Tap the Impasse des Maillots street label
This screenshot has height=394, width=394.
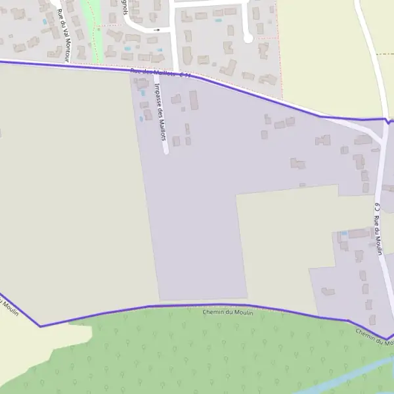[x=159, y=112]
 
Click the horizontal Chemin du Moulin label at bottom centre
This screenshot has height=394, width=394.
[x=229, y=311]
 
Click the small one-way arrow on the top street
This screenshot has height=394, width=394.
[x=157, y=30]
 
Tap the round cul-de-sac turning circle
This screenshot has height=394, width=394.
[x=248, y=38]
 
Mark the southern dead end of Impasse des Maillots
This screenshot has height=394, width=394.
[x=166, y=152]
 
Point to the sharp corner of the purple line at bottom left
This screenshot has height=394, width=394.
[x=41, y=326]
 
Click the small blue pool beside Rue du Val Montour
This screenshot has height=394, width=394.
[x=45, y=22]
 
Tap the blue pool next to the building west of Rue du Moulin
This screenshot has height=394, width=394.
[x=343, y=233]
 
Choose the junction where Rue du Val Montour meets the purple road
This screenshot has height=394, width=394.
[x=69, y=64]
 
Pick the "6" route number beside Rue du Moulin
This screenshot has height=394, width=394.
[x=377, y=207]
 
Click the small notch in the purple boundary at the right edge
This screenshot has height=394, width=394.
[x=389, y=121]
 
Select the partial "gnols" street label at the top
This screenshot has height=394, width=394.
[x=124, y=9]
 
